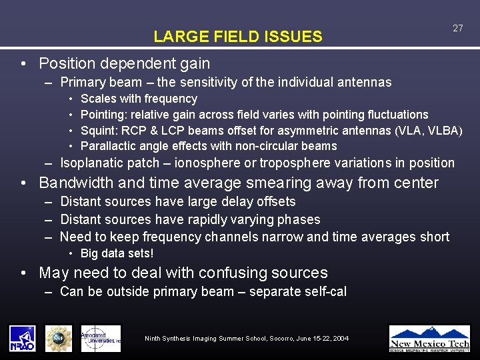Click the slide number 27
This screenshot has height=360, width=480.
(x=457, y=28)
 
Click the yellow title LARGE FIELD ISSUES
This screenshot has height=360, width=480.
(x=237, y=37)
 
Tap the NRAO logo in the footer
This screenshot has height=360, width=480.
(x=23, y=338)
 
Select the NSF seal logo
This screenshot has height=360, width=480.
(x=59, y=338)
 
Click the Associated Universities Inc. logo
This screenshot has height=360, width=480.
(x=101, y=338)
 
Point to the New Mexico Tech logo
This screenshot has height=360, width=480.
(x=429, y=338)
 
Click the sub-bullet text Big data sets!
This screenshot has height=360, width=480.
(x=117, y=253)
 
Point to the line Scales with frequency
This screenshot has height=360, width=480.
(x=139, y=99)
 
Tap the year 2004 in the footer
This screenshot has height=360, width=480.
(x=340, y=339)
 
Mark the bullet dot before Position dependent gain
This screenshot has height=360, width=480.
(x=24, y=64)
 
